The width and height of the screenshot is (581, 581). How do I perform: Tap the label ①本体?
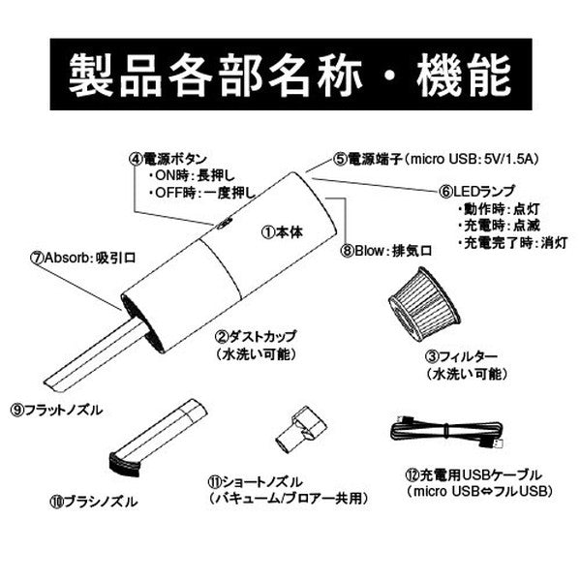[283, 232]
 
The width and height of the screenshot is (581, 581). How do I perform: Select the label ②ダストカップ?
[256, 337]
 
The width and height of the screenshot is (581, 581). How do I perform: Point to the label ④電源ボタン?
[168, 158]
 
